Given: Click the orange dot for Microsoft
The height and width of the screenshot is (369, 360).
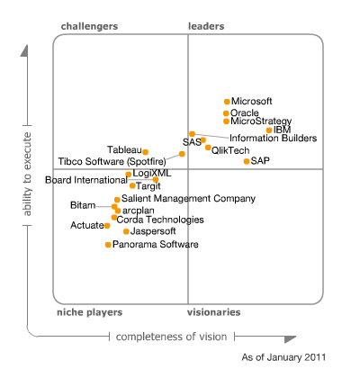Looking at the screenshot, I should click(226, 101).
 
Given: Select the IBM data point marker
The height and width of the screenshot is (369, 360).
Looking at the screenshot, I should click(268, 130).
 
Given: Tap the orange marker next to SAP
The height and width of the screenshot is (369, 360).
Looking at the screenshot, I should click(246, 160).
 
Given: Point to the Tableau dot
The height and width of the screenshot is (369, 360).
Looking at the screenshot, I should click(145, 152).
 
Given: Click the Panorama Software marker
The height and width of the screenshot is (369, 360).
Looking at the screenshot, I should click(108, 244).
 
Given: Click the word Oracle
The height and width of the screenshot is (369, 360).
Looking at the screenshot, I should click(245, 112).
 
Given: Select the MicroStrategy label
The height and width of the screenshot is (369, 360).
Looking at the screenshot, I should click(261, 121).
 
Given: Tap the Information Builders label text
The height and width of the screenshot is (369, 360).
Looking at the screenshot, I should click(273, 139).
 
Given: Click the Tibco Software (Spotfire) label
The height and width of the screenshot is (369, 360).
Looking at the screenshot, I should click(117, 161).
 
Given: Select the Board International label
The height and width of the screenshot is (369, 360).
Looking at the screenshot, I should click(86, 180).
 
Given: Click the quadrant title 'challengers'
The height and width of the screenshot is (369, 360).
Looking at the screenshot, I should click(89, 27).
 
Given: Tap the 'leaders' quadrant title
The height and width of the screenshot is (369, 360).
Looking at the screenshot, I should click(206, 27).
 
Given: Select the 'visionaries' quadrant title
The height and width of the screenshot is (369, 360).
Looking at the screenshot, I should click(213, 311).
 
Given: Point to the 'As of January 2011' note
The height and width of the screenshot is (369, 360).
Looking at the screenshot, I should click(283, 357).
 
